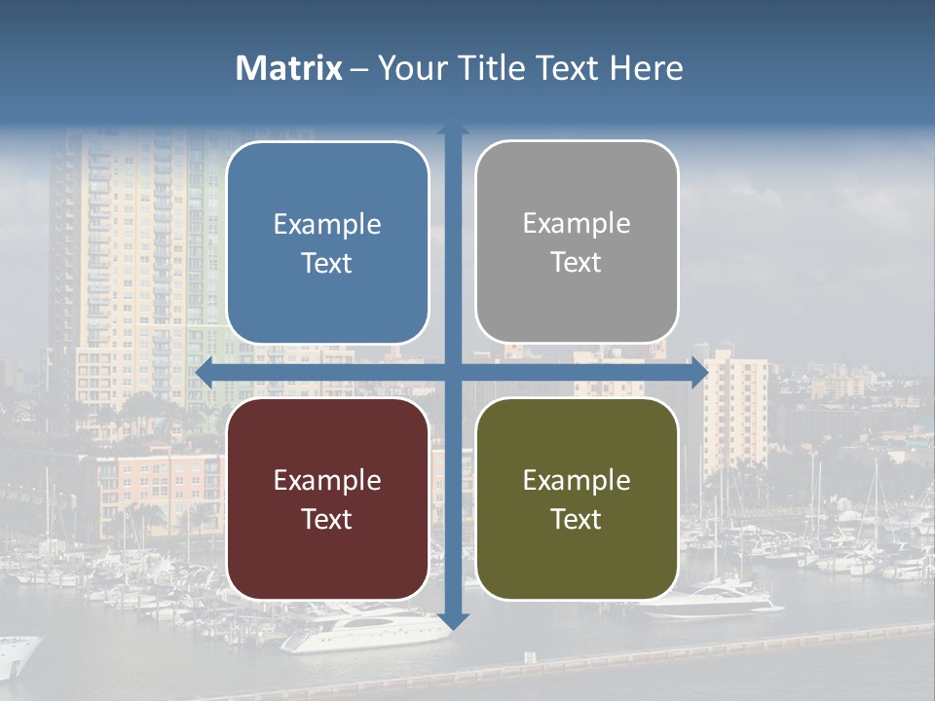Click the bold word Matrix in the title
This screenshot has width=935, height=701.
click(288, 68)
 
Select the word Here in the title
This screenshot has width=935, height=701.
click(646, 68)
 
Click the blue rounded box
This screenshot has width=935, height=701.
click(327, 242)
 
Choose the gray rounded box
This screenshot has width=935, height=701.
click(577, 241)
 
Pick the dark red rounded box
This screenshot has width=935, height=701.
click(327, 498)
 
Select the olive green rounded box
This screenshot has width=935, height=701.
click(577, 498)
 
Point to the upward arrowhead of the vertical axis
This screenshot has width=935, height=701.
click(453, 129)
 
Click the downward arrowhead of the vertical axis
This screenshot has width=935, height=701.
click(453, 621)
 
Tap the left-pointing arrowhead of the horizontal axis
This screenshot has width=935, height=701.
click(204, 372)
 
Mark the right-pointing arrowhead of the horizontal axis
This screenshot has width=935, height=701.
click(700, 372)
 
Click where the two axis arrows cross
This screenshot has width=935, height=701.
click(453, 372)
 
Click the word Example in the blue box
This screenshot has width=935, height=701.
click(327, 225)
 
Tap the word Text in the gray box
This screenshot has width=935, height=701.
click(577, 263)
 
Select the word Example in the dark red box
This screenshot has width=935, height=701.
click(327, 481)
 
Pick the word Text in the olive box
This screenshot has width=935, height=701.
click(577, 519)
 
